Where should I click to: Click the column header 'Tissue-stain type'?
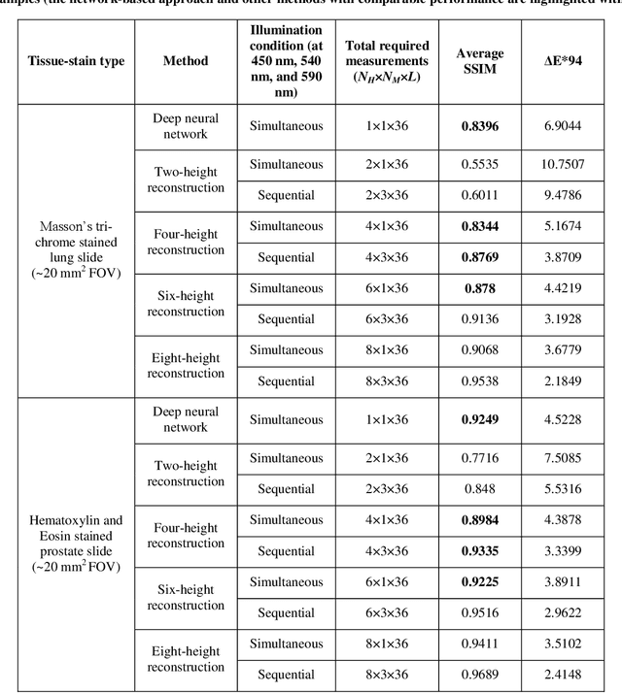point(75,61)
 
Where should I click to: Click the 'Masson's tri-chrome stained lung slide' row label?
point(75,249)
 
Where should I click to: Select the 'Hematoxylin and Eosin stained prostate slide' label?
point(75,543)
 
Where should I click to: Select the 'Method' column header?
point(186,61)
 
